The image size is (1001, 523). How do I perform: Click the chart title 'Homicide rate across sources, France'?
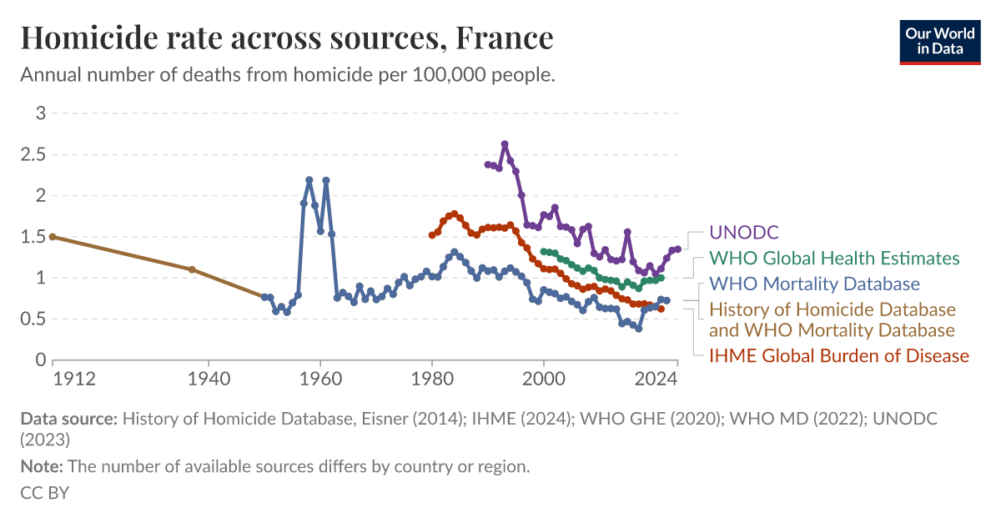286,38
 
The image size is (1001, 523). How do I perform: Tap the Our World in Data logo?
939,40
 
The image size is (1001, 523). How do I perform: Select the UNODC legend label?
743,233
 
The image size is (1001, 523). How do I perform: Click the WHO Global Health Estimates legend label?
833,259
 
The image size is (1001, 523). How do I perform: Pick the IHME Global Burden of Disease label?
838,356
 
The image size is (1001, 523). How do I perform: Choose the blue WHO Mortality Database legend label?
814,284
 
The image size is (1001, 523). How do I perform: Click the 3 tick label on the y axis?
38,113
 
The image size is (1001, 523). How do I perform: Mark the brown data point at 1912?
53,237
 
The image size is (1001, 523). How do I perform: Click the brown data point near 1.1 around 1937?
192,269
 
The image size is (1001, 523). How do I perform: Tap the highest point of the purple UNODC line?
505,144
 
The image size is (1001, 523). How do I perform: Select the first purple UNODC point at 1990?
488,164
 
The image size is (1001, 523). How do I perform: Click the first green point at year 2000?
544,251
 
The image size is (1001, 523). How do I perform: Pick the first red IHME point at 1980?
431,235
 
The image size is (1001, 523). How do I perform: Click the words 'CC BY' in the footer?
44,493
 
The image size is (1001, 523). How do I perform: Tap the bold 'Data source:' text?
68,419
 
